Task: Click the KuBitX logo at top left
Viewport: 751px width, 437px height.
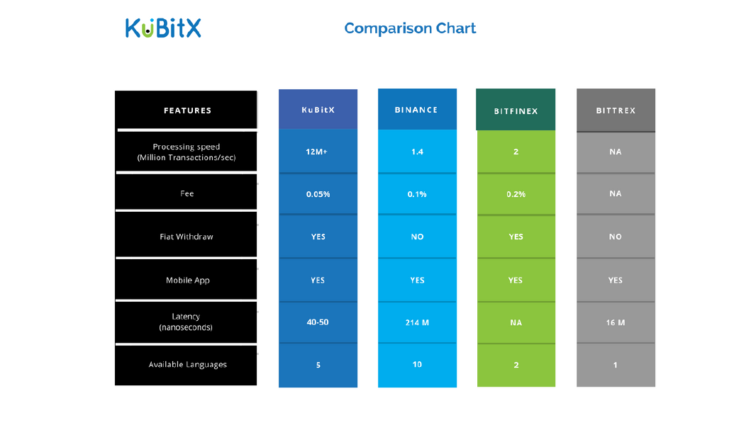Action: [163, 28]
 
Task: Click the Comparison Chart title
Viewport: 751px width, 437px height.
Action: [410, 28]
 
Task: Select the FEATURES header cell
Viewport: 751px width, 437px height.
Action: [186, 110]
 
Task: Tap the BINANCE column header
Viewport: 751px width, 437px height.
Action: [417, 110]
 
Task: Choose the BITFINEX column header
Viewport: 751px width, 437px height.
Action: [516, 110]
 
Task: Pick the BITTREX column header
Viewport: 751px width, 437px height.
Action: [616, 110]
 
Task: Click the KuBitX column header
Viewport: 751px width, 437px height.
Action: [318, 110]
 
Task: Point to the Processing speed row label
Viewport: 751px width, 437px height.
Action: [186, 152]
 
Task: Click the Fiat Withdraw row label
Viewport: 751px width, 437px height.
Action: [186, 236]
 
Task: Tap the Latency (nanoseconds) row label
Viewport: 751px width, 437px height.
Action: [186, 322]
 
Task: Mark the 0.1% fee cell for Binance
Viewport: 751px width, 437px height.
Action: [417, 194]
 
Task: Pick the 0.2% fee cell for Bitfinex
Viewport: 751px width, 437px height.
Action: [516, 194]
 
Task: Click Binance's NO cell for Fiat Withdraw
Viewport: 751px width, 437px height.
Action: [417, 237]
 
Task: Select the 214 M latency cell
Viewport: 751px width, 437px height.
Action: [417, 323]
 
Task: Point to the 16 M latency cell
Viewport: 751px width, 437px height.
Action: [616, 323]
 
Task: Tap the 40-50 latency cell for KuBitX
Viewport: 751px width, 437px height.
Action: [318, 322]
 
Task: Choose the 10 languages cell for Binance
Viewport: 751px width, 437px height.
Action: [417, 365]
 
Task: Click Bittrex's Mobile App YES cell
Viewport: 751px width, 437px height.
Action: [616, 280]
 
